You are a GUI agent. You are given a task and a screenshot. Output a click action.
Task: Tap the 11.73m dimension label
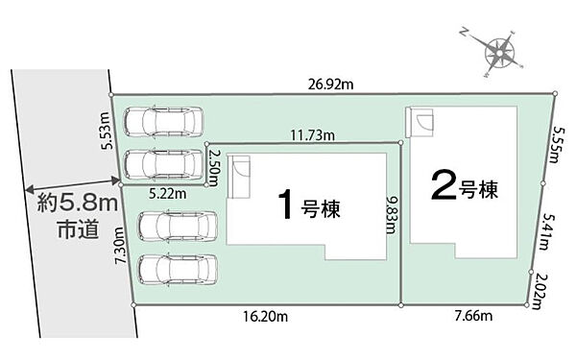[x=309, y=135]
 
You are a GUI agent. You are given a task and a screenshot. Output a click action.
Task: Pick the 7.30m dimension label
[x=120, y=245]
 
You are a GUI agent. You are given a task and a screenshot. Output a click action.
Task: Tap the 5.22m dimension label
[x=167, y=193]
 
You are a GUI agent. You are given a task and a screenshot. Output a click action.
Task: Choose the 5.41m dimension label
[x=546, y=228]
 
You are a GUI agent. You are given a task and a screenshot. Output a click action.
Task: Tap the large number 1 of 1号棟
[x=284, y=204]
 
